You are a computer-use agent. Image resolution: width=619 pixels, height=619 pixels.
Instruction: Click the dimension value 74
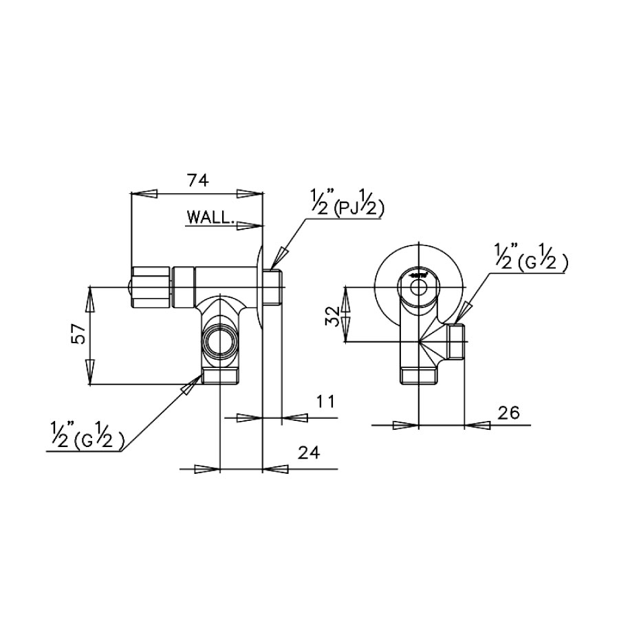click(198, 181)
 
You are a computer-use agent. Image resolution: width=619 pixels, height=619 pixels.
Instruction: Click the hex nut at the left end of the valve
click(150, 286)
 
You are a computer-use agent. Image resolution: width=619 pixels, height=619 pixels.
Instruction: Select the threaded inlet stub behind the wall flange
click(273, 287)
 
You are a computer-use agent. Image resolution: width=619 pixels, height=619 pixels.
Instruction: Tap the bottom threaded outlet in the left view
click(219, 377)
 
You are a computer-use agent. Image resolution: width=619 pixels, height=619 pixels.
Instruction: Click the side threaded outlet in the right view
click(457, 341)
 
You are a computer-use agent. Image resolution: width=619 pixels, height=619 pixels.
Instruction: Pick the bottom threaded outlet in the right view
click(418, 375)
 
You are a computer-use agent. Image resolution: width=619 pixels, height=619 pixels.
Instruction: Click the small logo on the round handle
click(418, 274)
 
